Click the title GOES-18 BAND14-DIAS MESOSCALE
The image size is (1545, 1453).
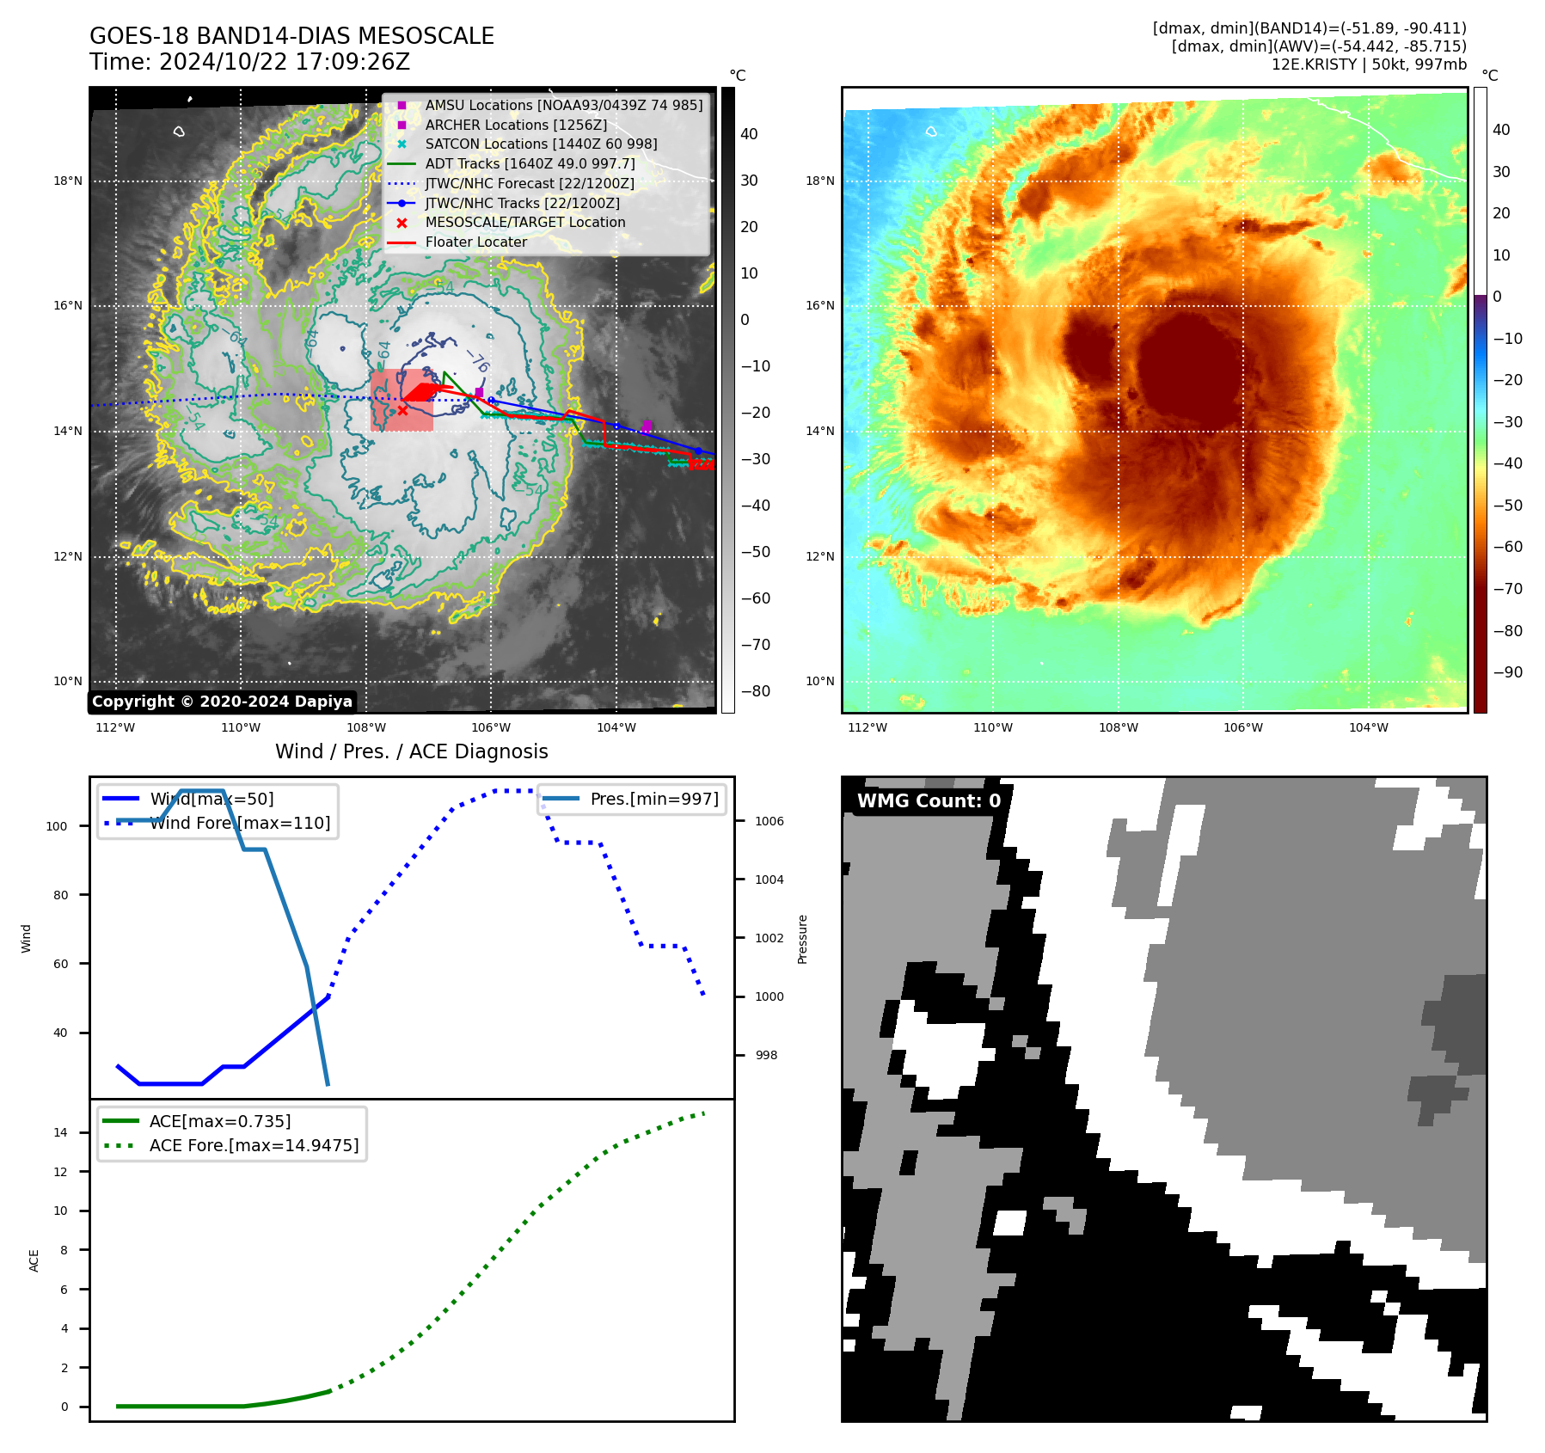point(291,36)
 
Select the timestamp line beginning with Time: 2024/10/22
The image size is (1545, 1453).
point(249,62)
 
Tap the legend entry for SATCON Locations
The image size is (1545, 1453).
point(540,144)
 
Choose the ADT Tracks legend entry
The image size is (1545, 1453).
point(530,163)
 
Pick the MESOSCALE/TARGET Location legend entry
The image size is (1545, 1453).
point(524,222)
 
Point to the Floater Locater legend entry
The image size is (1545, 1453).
point(475,242)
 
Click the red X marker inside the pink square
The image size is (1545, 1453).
point(402,410)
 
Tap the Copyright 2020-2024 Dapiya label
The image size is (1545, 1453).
point(222,702)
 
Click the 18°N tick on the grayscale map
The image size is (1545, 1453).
point(68,181)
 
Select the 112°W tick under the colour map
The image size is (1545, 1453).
point(867,727)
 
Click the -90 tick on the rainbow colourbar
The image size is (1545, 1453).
point(1507,672)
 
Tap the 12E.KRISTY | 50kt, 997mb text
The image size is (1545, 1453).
point(1369,64)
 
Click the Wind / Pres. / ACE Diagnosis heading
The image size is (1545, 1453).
point(411,751)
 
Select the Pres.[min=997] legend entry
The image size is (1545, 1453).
point(653,799)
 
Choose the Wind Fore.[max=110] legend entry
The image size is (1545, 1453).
point(239,823)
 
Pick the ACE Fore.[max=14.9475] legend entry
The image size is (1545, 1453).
point(254,1145)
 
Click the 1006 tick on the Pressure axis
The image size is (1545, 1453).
point(769,821)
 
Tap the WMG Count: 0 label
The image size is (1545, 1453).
point(929,801)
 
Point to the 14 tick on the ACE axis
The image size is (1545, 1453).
point(60,1132)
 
